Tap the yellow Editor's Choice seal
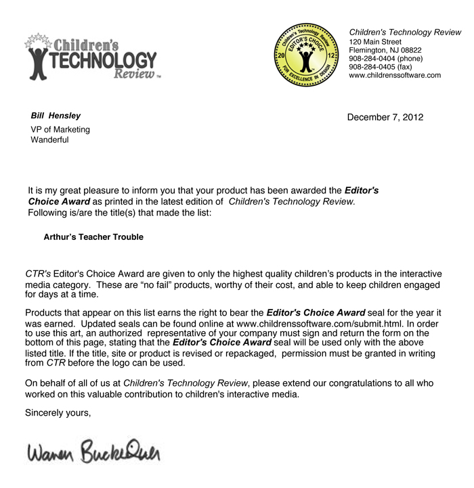(x=307, y=56)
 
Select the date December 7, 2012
(x=385, y=118)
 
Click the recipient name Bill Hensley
(x=56, y=116)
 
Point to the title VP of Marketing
(x=60, y=130)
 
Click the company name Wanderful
(x=49, y=141)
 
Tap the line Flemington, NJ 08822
(x=385, y=50)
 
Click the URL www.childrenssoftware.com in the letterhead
(x=394, y=76)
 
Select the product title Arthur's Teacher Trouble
(x=93, y=237)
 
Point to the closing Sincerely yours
(x=58, y=412)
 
